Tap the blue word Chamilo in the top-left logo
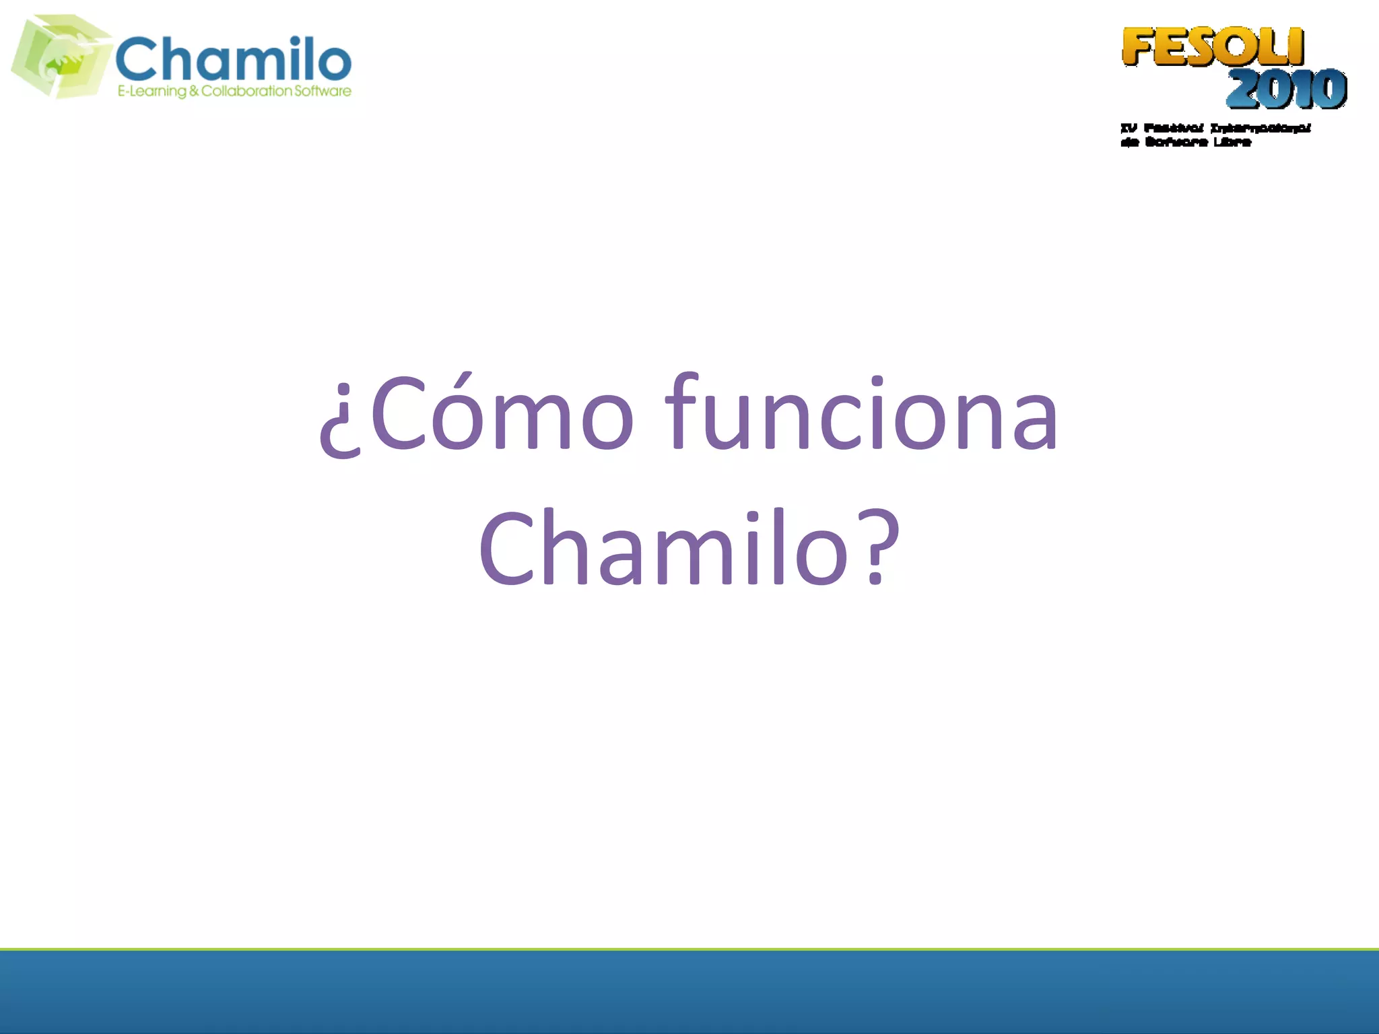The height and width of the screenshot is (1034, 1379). (x=233, y=59)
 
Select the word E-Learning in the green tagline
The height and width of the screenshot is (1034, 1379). (x=152, y=91)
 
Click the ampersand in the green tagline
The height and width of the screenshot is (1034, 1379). (x=194, y=91)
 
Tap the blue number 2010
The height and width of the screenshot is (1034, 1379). (x=1286, y=89)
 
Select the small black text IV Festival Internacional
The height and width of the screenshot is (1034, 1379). (x=1215, y=128)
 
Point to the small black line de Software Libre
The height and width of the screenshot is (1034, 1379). (x=1186, y=142)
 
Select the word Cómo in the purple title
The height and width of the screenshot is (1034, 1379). (x=502, y=412)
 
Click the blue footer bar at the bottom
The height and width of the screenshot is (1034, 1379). (x=689, y=992)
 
